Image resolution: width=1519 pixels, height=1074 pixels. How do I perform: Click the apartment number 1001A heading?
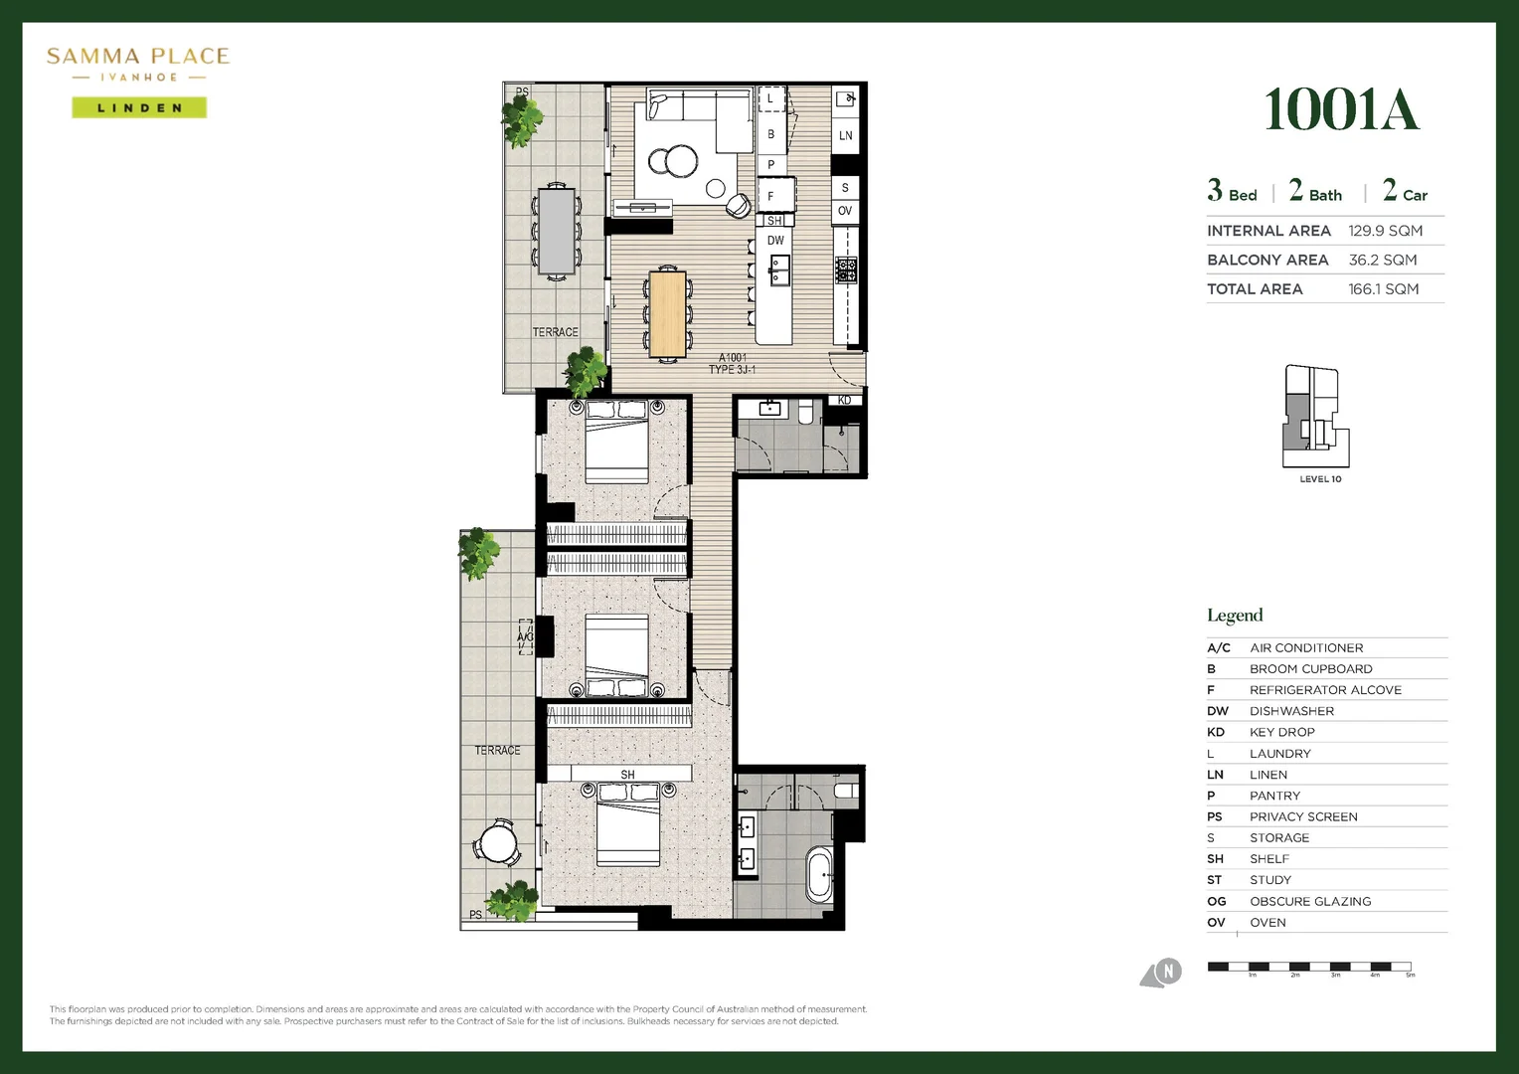tap(1340, 110)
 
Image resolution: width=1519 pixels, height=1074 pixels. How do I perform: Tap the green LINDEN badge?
tap(139, 107)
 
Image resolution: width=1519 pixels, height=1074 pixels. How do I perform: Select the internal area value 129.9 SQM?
tap(1385, 231)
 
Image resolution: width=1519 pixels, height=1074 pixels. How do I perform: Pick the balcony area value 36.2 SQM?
tap(1382, 260)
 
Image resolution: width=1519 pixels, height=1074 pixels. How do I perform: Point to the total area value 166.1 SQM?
tap(1383, 289)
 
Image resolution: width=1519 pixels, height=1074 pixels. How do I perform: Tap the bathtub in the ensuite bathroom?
tap(820, 874)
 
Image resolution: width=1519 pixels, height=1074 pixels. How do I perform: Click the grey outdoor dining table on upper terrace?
tap(556, 230)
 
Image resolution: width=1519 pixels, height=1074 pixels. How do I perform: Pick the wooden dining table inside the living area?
tap(667, 313)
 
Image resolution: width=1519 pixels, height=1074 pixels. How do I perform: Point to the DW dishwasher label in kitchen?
tap(775, 241)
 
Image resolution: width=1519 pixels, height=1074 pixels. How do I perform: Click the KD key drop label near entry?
tap(844, 400)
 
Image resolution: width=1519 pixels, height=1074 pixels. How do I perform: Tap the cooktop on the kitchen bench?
tap(845, 269)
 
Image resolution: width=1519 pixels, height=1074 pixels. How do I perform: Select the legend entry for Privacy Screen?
tap(1302, 816)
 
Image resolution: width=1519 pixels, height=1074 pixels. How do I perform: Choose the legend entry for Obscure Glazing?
tap(1309, 901)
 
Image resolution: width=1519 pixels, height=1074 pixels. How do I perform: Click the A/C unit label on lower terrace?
tap(525, 637)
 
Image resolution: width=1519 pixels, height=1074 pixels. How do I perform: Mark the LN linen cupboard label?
tap(845, 136)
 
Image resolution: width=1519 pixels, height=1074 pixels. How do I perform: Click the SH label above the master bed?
tap(627, 775)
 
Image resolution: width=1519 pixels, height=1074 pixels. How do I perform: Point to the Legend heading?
tap(1235, 616)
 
